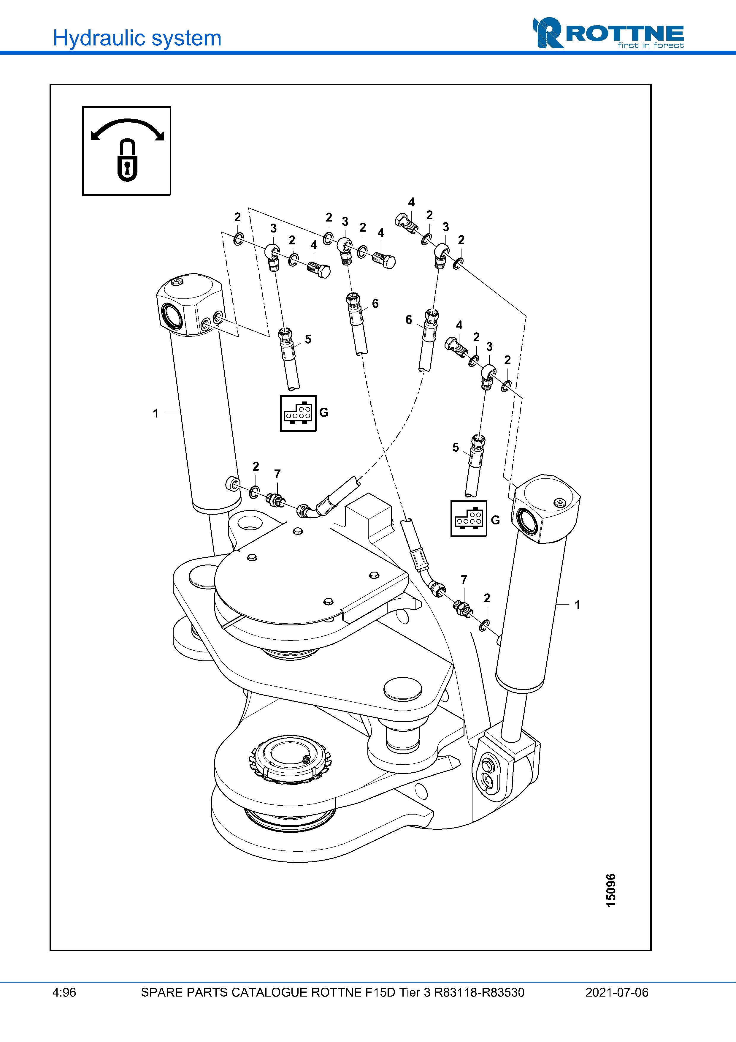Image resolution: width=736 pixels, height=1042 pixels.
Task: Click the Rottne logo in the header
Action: [608, 33]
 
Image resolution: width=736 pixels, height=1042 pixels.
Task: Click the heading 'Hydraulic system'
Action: [137, 38]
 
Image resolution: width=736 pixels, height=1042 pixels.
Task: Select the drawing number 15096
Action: [611, 891]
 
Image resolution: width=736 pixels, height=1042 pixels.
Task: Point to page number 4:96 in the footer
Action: [64, 992]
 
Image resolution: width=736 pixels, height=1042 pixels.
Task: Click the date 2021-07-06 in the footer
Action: [617, 992]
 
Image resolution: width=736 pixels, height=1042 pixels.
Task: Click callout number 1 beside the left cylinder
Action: [156, 413]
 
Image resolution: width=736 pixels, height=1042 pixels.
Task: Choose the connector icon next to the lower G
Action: [468, 519]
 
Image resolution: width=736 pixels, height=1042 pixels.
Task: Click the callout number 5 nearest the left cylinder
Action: [308, 339]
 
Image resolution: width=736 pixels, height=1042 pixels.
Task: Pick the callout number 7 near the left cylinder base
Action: [277, 474]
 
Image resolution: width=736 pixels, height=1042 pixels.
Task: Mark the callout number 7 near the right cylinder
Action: [464, 580]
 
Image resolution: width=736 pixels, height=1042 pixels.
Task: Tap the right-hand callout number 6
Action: [409, 320]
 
